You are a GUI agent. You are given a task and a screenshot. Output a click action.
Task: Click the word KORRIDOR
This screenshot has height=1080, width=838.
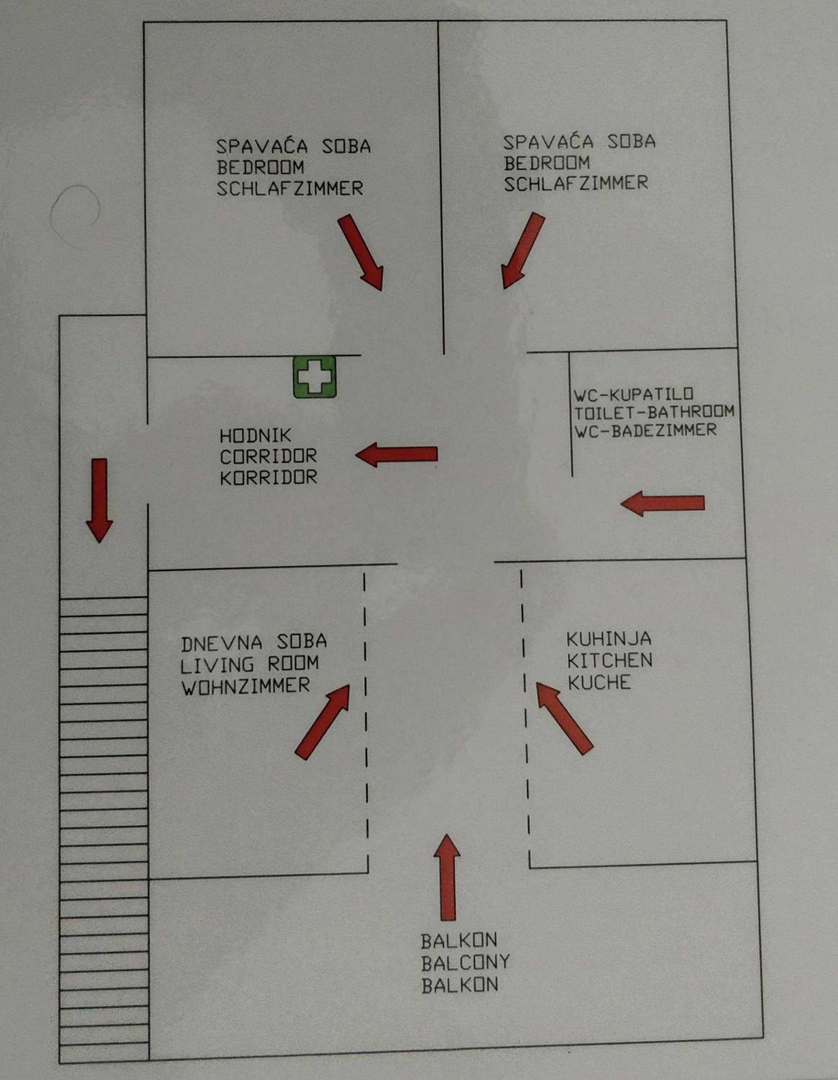269,478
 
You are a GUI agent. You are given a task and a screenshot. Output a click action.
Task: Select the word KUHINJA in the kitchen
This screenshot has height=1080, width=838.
609,639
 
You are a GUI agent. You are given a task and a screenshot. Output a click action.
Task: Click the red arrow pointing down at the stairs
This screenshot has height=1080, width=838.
99,500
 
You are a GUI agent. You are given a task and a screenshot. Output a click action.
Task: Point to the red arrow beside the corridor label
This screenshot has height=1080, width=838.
397,454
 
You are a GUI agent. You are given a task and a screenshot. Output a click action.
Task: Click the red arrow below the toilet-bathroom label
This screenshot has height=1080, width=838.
662,503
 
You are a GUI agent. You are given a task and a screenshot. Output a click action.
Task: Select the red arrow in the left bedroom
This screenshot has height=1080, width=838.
360,252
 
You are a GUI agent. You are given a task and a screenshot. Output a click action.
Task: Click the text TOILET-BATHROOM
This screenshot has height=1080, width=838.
654,412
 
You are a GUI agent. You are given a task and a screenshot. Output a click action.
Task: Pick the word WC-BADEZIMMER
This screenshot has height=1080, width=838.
645,431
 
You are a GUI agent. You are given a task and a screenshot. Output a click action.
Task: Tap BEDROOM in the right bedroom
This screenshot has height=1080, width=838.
547,163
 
